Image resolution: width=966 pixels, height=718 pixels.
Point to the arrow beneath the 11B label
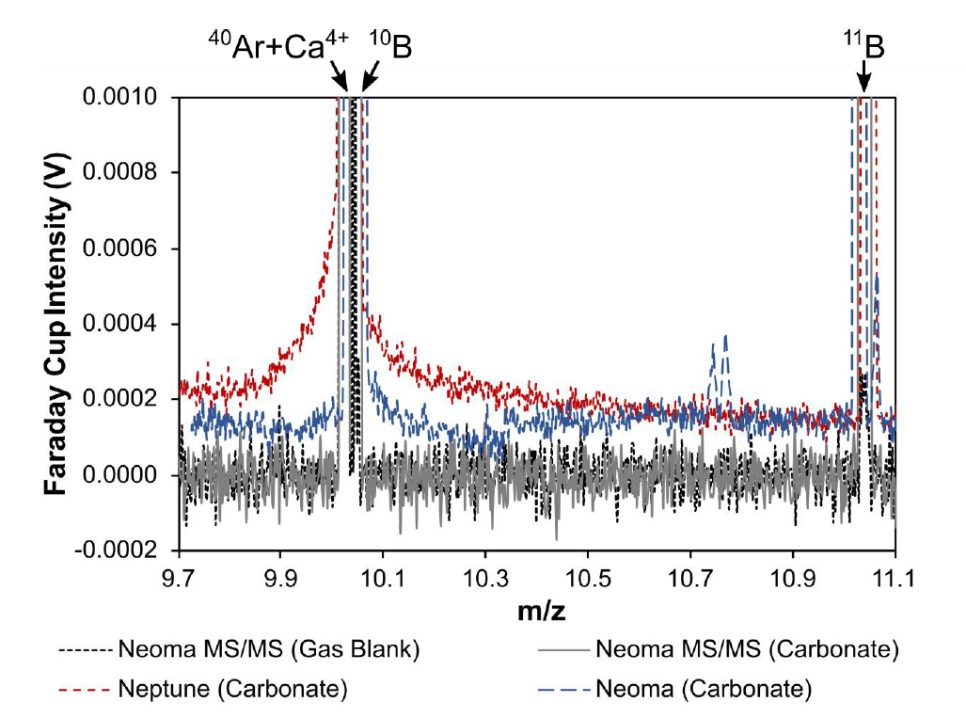click(863, 79)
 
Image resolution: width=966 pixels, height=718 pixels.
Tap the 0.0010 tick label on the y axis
click(127, 98)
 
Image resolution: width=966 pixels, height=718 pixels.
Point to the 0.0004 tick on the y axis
click(127, 325)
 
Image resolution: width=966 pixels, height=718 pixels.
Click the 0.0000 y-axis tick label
click(127, 475)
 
